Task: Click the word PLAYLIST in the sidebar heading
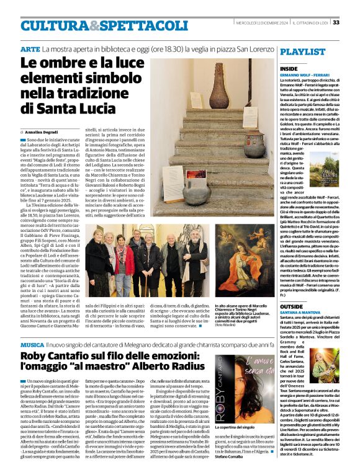302,51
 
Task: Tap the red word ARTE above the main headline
30,48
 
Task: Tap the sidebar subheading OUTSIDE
291,306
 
